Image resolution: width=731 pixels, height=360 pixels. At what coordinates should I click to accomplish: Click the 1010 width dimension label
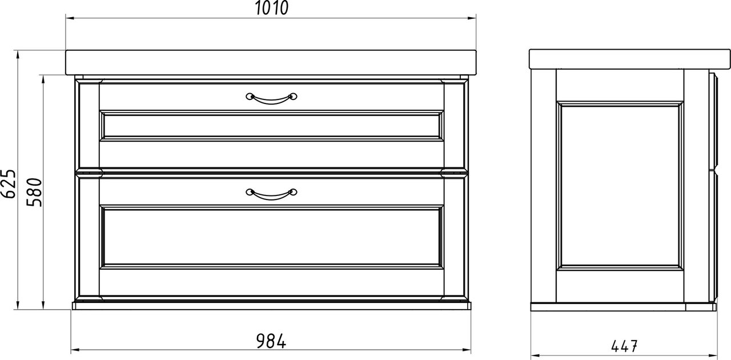271,8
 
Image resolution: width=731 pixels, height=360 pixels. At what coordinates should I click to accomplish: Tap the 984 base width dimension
271,341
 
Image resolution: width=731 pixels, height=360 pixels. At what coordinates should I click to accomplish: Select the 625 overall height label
8,184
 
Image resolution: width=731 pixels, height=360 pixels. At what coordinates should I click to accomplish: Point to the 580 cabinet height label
34,193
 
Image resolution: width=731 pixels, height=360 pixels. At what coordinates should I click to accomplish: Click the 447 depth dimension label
624,346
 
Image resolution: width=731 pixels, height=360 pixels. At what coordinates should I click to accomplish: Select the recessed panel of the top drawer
271,126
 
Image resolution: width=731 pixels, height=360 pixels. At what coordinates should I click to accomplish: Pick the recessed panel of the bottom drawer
271,237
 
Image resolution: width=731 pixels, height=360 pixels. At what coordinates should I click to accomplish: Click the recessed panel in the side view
620,186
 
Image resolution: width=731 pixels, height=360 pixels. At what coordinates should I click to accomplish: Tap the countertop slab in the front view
271,62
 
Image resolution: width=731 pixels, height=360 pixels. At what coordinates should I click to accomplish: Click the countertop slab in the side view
629,59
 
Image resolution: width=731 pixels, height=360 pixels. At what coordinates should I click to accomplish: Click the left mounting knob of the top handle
250,97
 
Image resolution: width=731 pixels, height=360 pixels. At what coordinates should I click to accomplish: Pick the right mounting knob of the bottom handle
294,192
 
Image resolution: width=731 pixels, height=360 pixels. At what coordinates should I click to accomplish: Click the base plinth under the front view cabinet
271,306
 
